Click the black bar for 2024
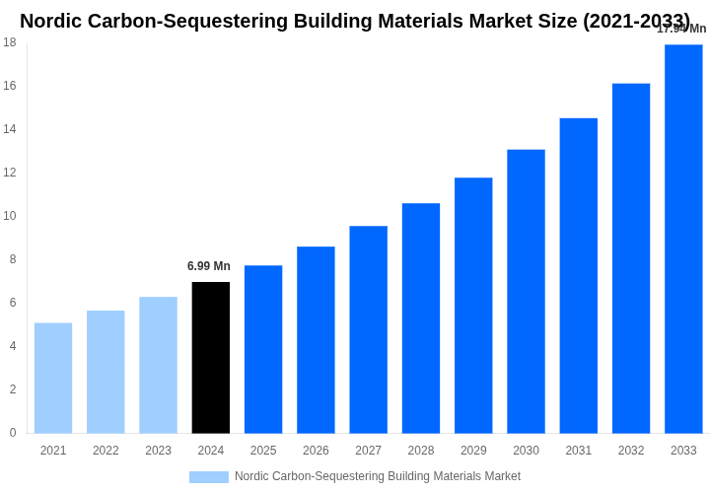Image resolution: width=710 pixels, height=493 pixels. click(210, 357)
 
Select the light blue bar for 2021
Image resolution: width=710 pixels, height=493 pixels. click(53, 378)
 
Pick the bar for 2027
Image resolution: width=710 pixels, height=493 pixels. click(368, 329)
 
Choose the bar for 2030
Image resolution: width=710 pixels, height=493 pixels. click(526, 291)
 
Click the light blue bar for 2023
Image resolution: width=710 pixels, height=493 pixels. click(158, 365)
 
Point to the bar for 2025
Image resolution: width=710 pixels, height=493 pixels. click(263, 349)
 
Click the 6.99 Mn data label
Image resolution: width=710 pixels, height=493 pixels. click(209, 266)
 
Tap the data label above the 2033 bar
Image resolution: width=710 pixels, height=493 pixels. click(681, 29)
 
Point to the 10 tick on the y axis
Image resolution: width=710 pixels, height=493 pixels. click(10, 216)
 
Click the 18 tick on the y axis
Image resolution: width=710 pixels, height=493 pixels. click(10, 42)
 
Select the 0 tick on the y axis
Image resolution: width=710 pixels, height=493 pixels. click(13, 433)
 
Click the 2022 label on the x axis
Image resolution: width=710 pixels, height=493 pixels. click(106, 451)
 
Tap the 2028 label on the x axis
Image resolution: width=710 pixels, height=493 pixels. click(421, 451)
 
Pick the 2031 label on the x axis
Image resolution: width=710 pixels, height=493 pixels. click(579, 451)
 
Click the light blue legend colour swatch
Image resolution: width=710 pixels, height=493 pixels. click(208, 477)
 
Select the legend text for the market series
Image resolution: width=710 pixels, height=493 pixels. click(378, 476)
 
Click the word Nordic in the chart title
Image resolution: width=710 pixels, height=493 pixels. click(52, 21)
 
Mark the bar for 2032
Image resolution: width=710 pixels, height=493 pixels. click(631, 258)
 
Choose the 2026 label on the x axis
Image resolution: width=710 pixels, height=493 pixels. click(316, 451)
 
